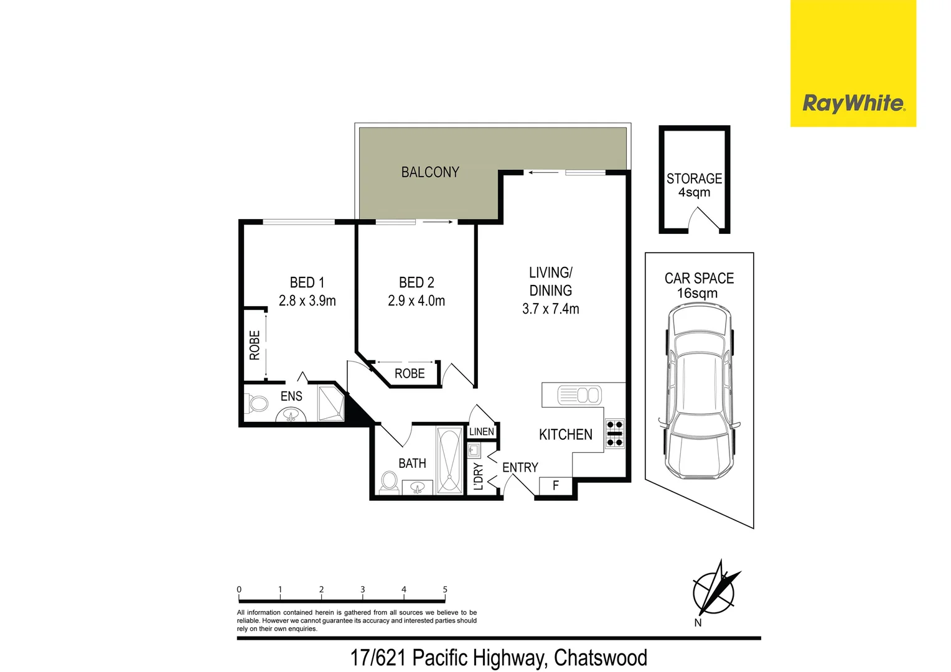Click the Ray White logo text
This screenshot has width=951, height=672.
853,103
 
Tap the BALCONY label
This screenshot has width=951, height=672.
430,172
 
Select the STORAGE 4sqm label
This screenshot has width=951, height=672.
694,185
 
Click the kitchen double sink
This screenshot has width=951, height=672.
579,395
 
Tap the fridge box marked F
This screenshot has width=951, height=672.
556,486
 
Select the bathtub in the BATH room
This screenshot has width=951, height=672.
449,460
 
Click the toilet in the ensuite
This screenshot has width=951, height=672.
256,404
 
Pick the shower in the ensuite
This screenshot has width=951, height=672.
330,404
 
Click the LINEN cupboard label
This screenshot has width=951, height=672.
482,432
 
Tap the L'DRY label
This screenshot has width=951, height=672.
478,477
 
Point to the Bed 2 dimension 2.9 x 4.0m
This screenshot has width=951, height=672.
416,301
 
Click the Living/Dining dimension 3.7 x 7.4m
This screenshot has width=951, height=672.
551,309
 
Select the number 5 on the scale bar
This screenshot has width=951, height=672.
445,589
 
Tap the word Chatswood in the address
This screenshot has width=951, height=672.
600,658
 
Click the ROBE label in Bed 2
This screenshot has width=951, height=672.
410,374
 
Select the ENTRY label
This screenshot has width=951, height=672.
520,467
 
